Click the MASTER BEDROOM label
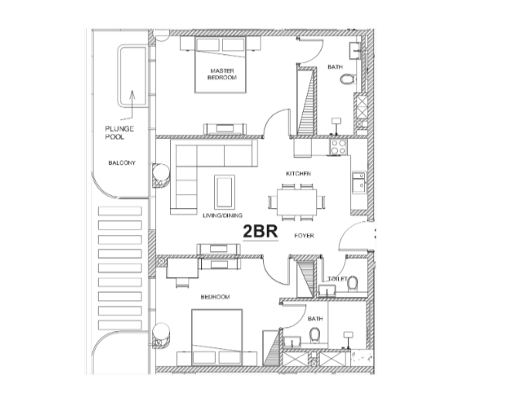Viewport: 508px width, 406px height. tap(222, 74)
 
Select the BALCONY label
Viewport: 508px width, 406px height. tap(122, 162)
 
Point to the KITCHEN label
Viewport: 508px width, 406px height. tap(298, 174)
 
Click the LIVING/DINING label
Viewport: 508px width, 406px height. tap(223, 215)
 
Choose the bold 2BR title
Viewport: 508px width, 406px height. tap(261, 232)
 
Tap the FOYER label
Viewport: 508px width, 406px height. tap(304, 236)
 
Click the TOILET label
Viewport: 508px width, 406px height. tap(337, 278)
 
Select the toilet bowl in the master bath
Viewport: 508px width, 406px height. tap(348, 79)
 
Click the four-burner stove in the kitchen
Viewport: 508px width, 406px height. tap(338, 147)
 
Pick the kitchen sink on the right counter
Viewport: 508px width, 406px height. tap(359, 183)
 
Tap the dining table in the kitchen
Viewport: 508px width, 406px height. tap(297, 202)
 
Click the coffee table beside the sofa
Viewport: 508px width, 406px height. tap(224, 192)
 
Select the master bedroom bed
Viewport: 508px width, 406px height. tap(220, 65)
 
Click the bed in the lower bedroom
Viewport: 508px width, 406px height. tap(217, 337)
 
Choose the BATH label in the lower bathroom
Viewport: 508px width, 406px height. tap(315, 319)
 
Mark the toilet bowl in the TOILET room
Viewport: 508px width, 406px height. tap(352, 284)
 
